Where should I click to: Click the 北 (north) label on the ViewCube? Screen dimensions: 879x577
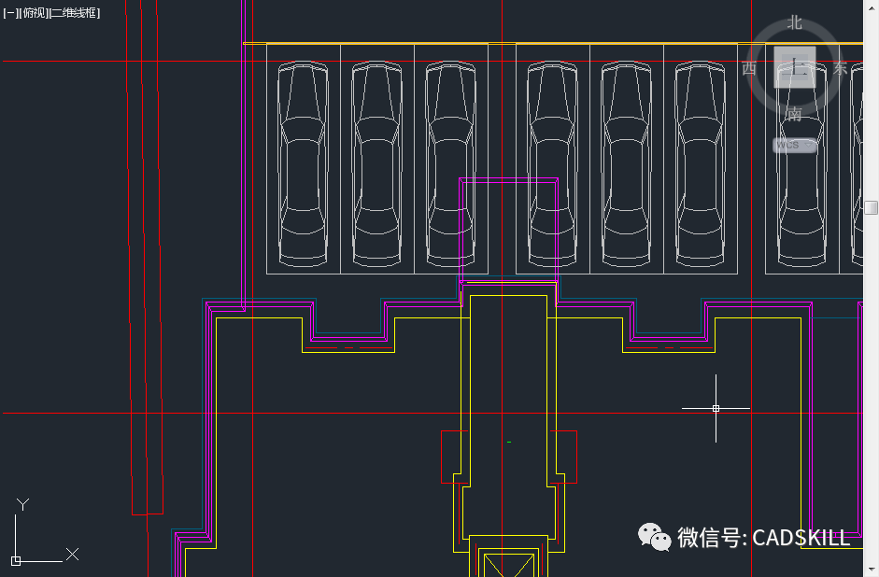(x=795, y=22)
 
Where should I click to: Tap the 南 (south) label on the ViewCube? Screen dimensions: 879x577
(x=794, y=114)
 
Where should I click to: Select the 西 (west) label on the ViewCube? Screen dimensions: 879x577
(x=749, y=68)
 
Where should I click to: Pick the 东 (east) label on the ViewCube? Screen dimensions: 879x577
(x=840, y=68)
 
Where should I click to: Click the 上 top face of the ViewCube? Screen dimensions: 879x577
(x=795, y=67)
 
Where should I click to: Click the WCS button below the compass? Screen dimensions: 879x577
(x=794, y=146)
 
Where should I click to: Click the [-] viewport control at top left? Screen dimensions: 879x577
(x=11, y=13)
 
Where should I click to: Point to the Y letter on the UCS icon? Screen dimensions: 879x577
(x=23, y=505)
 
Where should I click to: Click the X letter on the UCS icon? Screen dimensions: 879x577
(x=72, y=555)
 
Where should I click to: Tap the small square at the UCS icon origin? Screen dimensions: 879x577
(x=16, y=560)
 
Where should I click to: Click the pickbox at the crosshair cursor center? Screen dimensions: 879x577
(x=716, y=408)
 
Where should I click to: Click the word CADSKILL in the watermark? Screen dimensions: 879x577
(x=801, y=538)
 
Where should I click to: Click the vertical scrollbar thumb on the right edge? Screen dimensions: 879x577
(x=871, y=206)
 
